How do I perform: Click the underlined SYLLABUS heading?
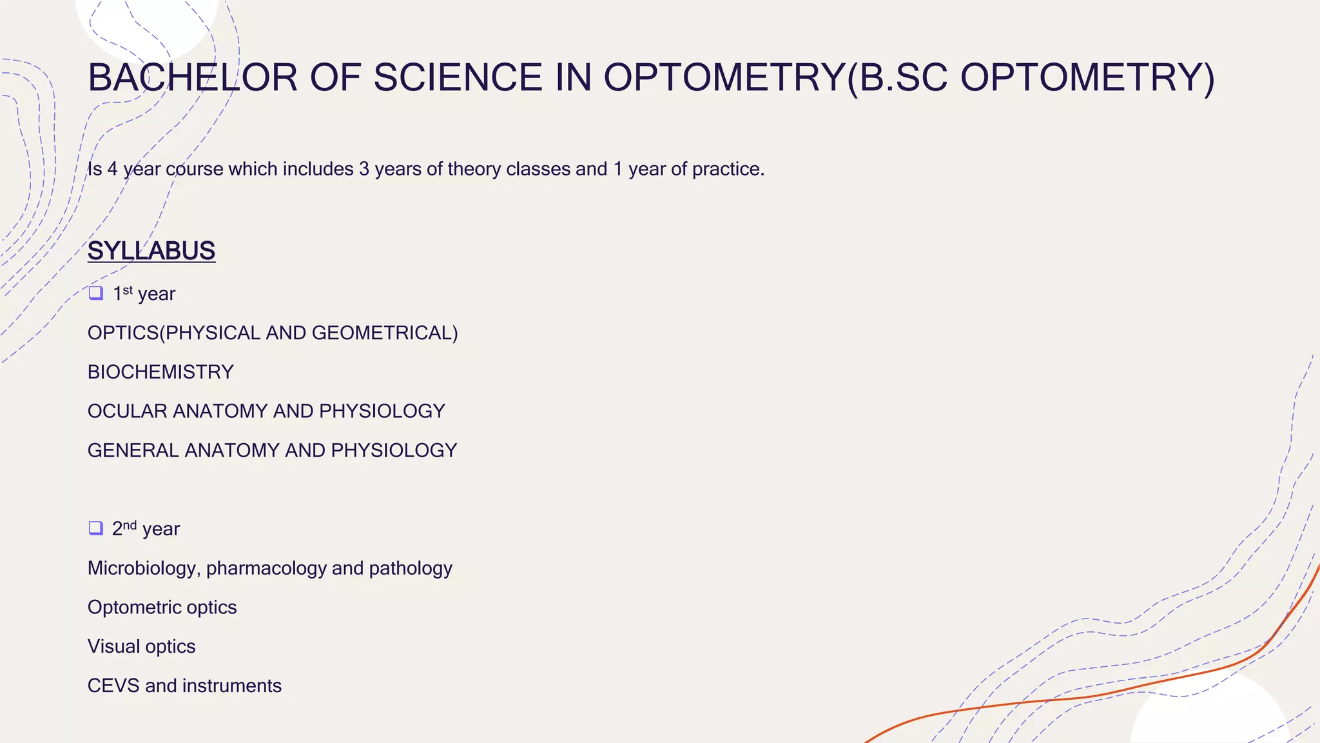point(151,251)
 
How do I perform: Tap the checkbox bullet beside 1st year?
point(96,293)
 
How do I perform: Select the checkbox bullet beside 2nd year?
point(96,528)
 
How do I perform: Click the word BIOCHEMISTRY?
point(160,372)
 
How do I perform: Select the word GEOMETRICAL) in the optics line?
point(385,333)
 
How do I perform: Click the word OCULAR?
point(127,411)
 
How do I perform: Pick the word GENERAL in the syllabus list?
point(133,450)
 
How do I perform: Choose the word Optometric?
point(134,608)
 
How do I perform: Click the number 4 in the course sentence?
point(113,169)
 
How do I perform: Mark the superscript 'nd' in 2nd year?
point(130,524)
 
